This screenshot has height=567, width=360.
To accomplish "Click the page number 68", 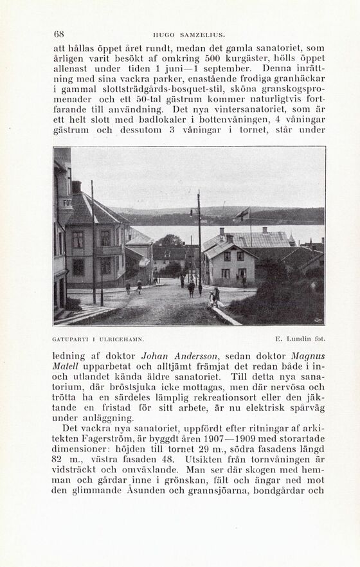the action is [59, 34].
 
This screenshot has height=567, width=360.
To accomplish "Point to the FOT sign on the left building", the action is [67, 202].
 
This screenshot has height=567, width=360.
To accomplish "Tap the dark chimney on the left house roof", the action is [76, 187].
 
